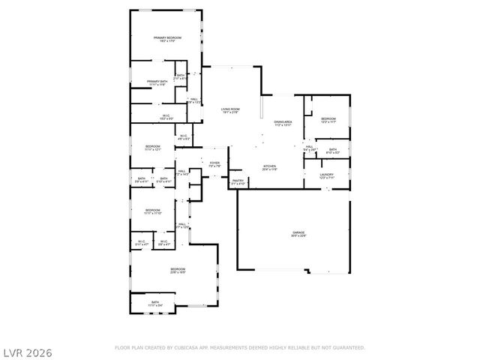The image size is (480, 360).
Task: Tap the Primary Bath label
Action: click(157, 82)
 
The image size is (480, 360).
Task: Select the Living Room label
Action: click(229, 110)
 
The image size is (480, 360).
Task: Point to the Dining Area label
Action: click(283, 122)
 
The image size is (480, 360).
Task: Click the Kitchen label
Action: click(269, 166)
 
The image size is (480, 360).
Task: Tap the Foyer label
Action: click(214, 163)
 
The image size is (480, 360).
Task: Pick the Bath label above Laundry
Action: click(333, 150)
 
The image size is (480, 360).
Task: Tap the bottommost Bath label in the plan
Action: click(154, 303)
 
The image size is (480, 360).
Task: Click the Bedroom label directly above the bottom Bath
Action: click(177, 270)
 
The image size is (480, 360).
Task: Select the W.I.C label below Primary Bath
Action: click(166, 116)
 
